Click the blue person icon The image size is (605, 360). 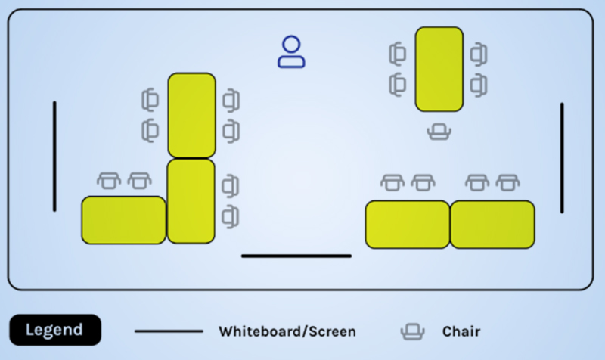pos(291,52)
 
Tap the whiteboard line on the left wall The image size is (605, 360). pos(54,157)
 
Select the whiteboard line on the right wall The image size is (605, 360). pos(562,158)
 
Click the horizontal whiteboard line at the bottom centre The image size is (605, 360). pos(296,256)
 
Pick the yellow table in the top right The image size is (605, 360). pos(439,70)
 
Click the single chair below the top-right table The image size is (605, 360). pos(439,132)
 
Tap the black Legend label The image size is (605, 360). pos(55,330)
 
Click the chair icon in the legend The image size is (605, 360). pos(412,331)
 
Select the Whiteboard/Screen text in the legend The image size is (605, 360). pos(287,331)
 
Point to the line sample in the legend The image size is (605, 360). pos(169,331)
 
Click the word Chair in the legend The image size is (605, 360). pos(461,331)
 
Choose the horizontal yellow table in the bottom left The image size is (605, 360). pos(123,220)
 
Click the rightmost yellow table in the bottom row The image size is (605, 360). pos(492,224)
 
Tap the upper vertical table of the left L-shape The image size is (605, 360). pos(192,116)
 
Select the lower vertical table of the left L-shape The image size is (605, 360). pos(191,201)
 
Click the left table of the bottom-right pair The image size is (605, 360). pos(408,224)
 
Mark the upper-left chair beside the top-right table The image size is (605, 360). pos(398,54)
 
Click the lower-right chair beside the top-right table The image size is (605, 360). pos(479,85)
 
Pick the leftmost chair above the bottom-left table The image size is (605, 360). pos(109,181)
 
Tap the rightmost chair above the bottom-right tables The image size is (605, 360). pos(507,182)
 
